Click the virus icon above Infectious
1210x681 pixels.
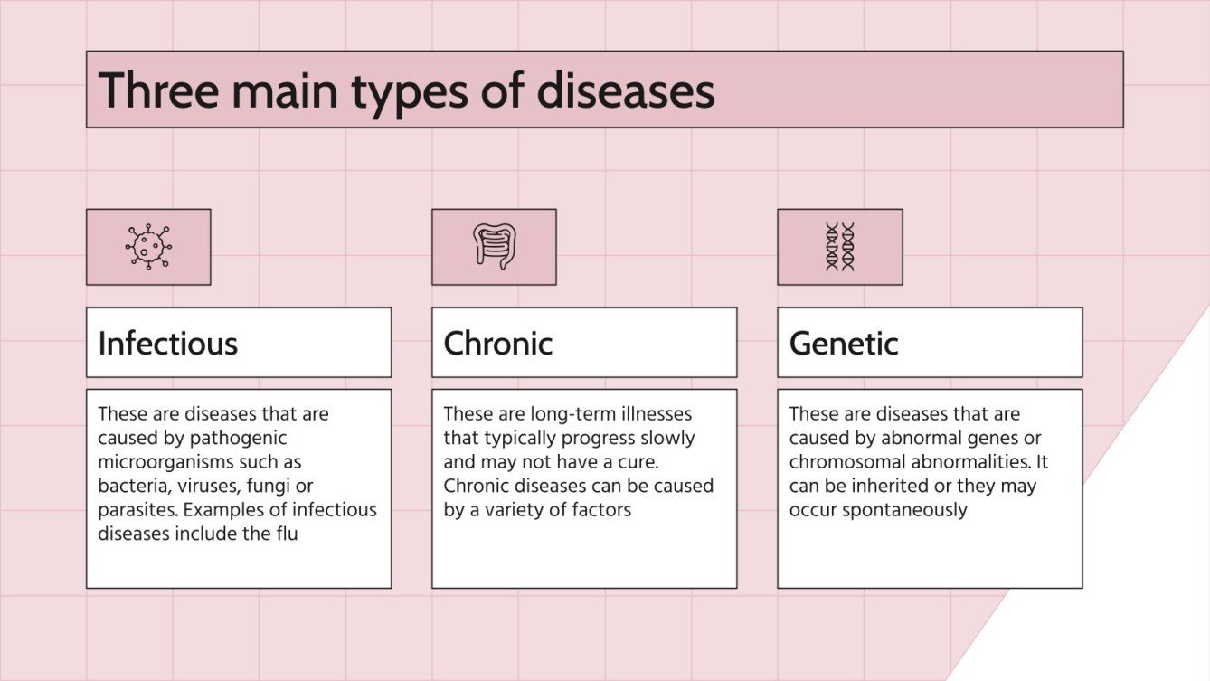click(x=148, y=247)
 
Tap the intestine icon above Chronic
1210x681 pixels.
click(x=493, y=247)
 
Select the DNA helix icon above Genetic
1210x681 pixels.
click(x=839, y=247)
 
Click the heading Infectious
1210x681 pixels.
click(x=167, y=344)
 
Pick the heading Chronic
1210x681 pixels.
click(x=497, y=344)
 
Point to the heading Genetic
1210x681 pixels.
click(x=843, y=344)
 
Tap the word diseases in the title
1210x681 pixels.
click(x=625, y=90)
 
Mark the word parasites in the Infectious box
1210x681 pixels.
click(x=137, y=510)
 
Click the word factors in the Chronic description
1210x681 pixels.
click(x=599, y=510)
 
